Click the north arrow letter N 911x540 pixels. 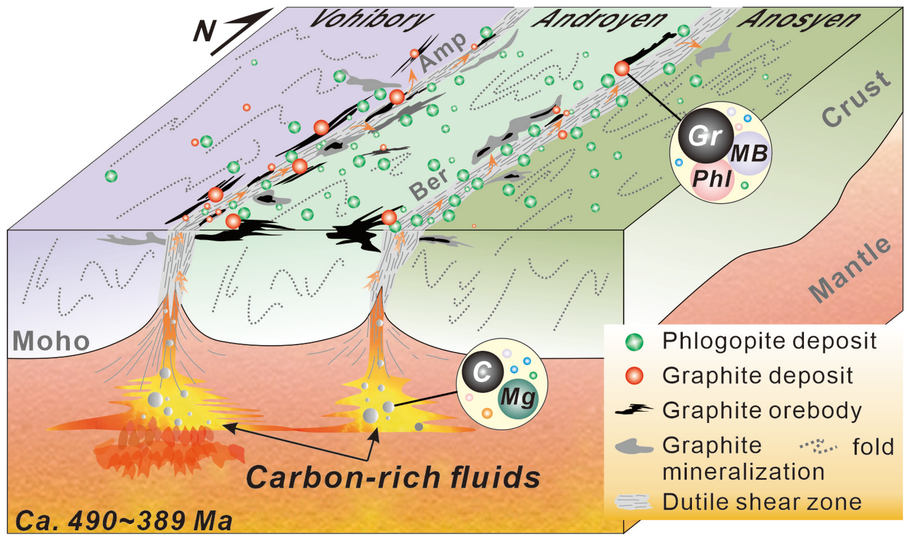click(205, 31)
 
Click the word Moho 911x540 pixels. click(51, 341)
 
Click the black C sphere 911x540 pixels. click(483, 372)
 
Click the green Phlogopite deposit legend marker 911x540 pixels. click(634, 342)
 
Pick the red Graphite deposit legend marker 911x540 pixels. click(634, 376)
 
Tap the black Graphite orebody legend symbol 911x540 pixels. click(634, 410)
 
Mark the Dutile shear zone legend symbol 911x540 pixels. click(633, 502)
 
